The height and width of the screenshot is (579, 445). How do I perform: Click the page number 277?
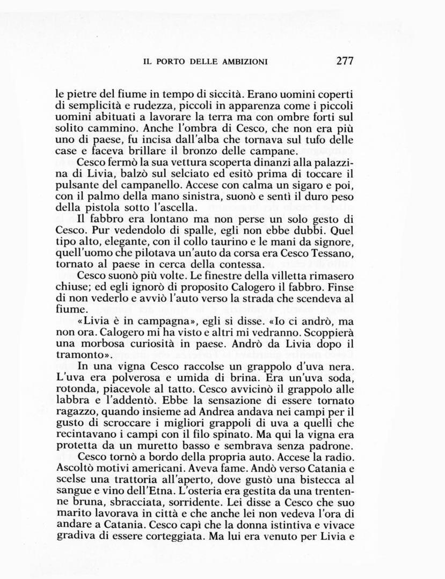click(x=345, y=61)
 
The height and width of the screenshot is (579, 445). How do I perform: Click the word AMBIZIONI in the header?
click(x=245, y=62)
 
